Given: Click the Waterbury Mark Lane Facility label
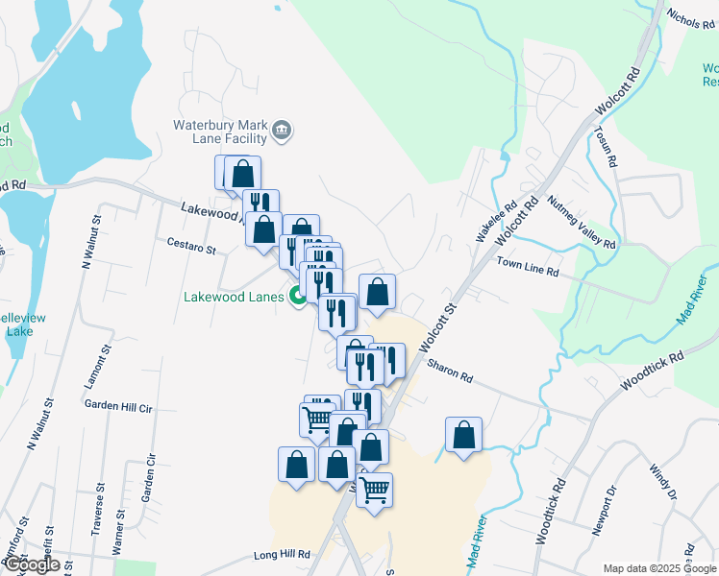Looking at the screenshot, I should click(x=219, y=132).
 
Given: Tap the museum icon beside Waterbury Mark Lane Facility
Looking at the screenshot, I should click(x=282, y=131).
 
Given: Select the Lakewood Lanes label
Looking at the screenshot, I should click(x=234, y=297).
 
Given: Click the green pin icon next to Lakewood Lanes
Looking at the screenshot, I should click(x=297, y=297).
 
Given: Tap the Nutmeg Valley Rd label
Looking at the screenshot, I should click(x=581, y=224).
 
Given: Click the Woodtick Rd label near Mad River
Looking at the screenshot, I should click(x=651, y=370).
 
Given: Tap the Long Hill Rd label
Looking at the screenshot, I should click(x=282, y=555).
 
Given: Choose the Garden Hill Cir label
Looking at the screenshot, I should click(x=118, y=406).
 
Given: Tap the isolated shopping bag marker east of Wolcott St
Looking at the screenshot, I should click(x=464, y=435).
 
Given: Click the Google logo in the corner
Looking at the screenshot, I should click(x=31, y=564).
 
